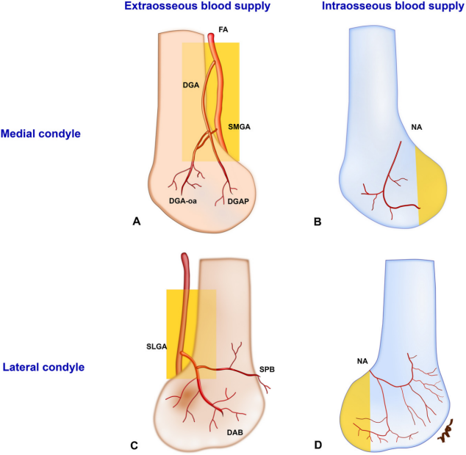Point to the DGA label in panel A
(192, 86)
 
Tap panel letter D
(318, 444)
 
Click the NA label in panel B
(417, 128)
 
